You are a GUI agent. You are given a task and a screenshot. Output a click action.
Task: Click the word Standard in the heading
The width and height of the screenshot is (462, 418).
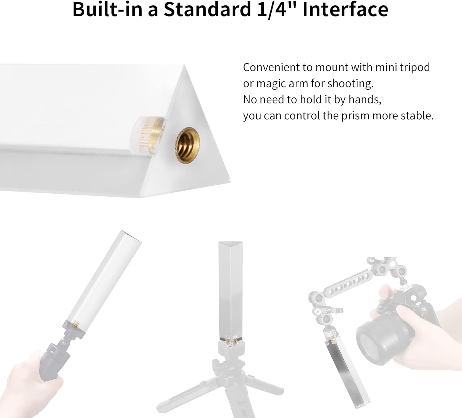click(x=207, y=10)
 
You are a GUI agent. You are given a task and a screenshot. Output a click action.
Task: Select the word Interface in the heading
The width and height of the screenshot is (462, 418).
click(x=345, y=10)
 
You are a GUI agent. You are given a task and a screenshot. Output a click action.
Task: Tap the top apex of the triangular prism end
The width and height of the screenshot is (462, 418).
click(x=184, y=65)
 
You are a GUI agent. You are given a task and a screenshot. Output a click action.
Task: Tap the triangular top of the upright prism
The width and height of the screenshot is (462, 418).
click(x=230, y=244)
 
